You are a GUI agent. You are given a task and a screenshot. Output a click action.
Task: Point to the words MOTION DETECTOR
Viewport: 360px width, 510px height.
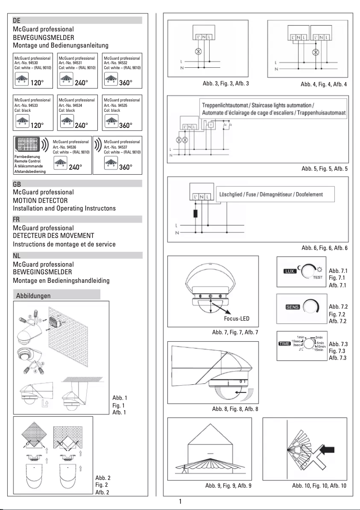click(42, 200)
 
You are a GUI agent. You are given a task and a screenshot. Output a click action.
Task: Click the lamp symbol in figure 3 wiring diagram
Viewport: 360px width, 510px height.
click(196, 52)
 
